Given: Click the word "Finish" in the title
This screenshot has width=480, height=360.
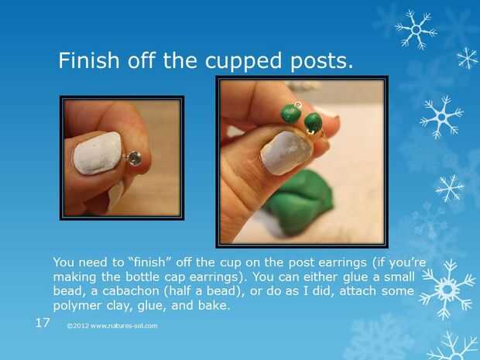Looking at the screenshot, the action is pos(88,60).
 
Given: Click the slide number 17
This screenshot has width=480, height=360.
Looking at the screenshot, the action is pos(43,323).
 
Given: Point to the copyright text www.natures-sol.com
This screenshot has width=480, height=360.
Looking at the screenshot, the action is pos(112,326).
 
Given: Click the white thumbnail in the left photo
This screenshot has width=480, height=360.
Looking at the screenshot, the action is pos(98,153).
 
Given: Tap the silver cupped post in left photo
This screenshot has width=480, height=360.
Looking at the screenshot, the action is pos(133,158).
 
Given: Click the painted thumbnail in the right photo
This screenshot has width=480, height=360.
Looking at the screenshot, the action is pos(286,153).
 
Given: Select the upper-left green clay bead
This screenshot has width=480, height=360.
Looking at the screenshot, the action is pos(291,114).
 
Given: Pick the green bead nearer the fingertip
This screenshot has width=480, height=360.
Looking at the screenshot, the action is pos(314,122).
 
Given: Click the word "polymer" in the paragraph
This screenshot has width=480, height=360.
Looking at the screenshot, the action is pos(77,306).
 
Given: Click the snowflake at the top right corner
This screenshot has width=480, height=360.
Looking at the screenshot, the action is pos(416,29).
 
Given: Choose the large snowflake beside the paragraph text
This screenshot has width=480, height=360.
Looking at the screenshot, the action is pos(447,289).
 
